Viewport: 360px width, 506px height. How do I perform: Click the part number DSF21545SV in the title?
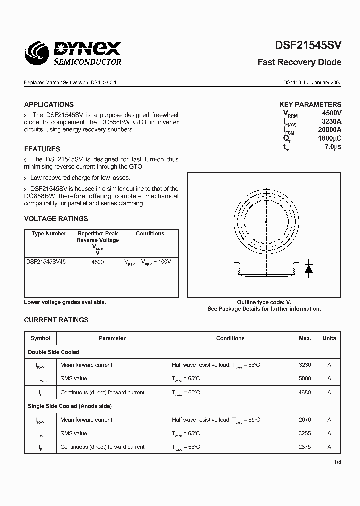point(308,45)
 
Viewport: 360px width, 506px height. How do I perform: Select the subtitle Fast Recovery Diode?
point(299,62)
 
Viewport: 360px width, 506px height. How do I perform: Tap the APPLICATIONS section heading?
point(49,104)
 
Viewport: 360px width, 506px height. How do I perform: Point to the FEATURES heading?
point(42,149)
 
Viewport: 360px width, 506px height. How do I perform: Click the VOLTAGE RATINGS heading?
point(56,218)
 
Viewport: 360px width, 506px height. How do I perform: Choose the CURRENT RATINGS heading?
point(56,320)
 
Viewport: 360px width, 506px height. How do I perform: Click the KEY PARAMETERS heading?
point(310,104)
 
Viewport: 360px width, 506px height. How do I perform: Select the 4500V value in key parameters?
point(331,113)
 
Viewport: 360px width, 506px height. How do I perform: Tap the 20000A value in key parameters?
point(330,129)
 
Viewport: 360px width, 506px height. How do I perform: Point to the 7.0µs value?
point(332,147)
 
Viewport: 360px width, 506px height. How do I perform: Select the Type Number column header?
point(49,233)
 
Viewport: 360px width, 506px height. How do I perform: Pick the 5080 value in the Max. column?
point(305,378)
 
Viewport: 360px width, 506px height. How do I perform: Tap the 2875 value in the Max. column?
point(305,447)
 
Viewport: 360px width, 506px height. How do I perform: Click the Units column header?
point(329,338)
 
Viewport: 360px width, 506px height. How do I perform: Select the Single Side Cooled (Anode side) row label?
point(70,406)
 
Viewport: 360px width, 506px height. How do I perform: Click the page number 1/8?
point(337,462)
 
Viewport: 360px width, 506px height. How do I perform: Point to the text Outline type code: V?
point(264,302)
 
